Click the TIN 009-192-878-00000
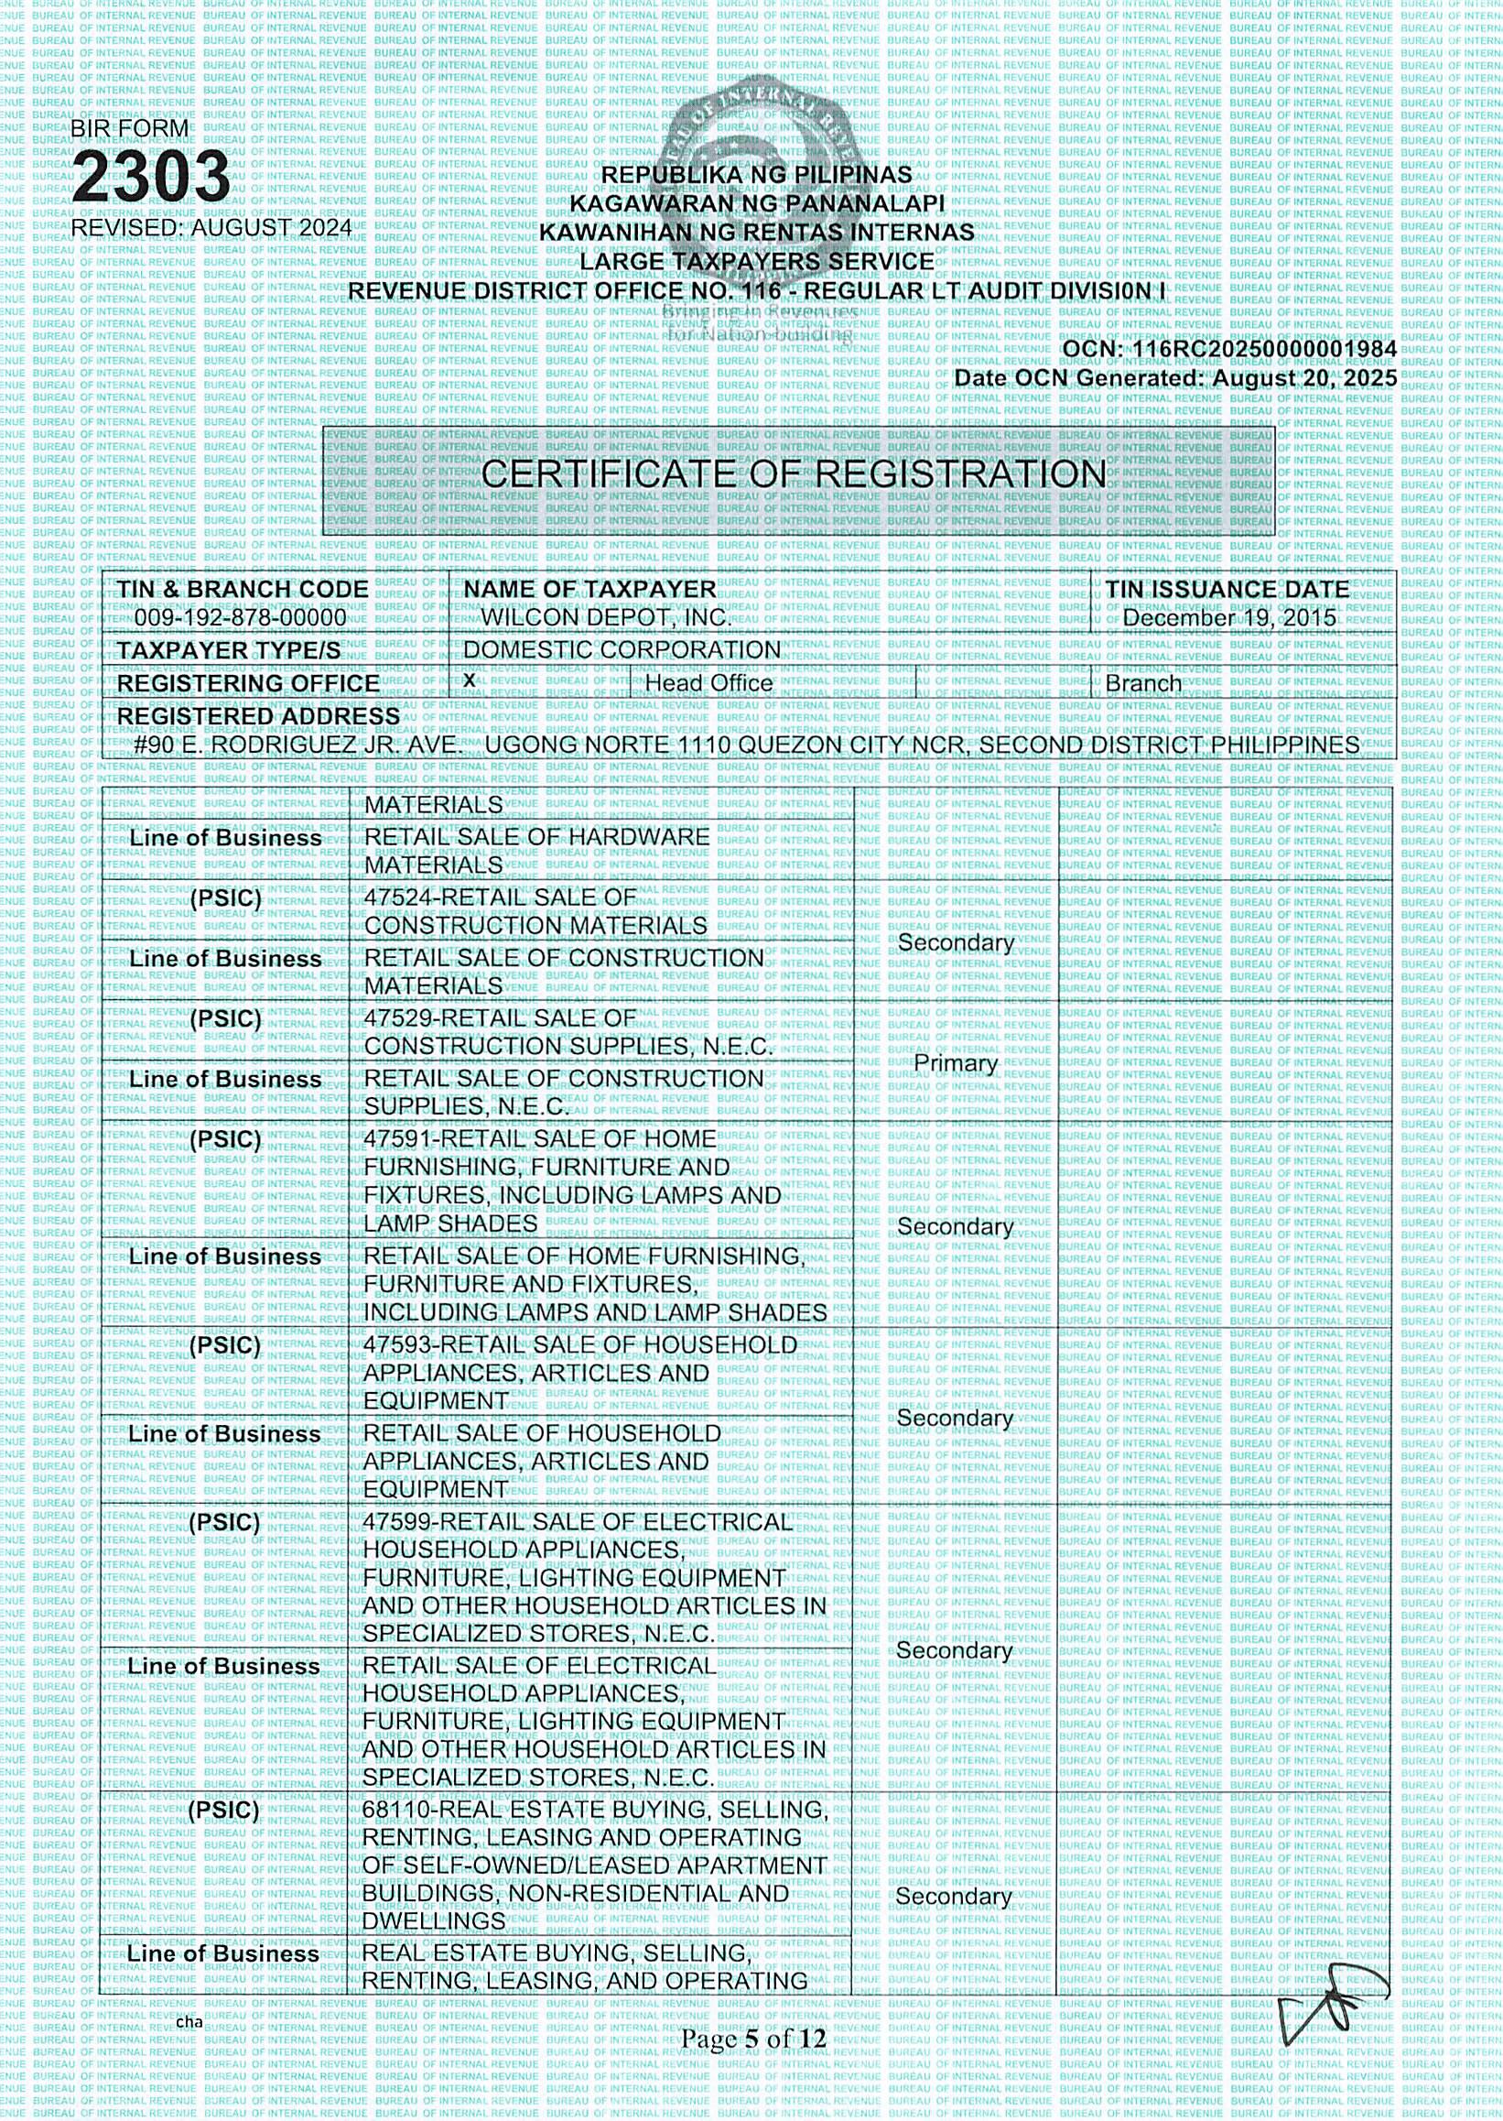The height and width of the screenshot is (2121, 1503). [241, 617]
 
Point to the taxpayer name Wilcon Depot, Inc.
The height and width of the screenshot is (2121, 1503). [605, 617]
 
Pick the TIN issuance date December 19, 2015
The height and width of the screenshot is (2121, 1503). [1229, 618]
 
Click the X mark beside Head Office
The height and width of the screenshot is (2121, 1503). [470, 680]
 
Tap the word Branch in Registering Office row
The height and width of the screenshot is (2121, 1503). [1143, 684]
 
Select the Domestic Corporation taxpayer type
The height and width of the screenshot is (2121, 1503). [622, 650]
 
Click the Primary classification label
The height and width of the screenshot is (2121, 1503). [955, 1063]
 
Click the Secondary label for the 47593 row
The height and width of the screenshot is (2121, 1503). [955, 1419]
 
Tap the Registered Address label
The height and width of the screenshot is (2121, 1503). [258, 717]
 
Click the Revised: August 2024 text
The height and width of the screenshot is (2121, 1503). [211, 228]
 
